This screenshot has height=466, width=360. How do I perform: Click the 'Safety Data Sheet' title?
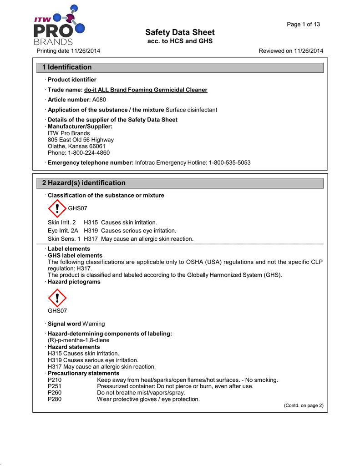[x=180, y=32]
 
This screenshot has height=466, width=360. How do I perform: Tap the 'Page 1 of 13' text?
[x=303, y=24]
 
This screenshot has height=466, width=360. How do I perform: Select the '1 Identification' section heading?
[x=67, y=67]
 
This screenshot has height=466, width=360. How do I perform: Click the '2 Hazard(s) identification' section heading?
[x=84, y=183]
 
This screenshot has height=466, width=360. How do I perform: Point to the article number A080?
[x=99, y=100]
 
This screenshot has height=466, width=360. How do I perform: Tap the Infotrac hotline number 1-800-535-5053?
[x=229, y=162]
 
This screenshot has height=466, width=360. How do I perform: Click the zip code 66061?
[x=97, y=147]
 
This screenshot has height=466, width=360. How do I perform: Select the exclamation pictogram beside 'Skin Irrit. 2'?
[x=57, y=209]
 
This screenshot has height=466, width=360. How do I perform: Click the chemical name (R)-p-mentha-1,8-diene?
[x=78, y=340]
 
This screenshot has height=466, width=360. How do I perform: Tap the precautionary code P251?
[x=55, y=386]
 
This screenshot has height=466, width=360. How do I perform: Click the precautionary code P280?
[x=55, y=399]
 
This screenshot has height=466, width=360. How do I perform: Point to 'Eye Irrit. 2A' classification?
[x=63, y=231]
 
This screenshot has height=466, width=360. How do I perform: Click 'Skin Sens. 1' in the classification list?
[x=64, y=239]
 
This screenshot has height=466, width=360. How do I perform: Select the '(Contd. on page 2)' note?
[x=303, y=406]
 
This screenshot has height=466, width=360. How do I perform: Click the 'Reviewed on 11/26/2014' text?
[x=291, y=51]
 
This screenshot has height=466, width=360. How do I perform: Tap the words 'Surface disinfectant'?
[x=191, y=110]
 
